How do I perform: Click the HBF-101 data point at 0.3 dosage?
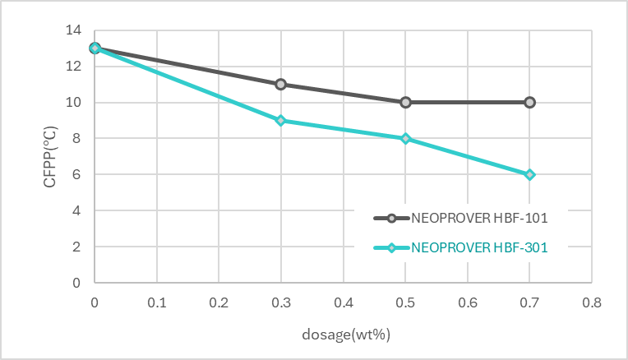pyautogui.click(x=281, y=84)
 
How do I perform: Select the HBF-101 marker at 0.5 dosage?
pyautogui.click(x=405, y=102)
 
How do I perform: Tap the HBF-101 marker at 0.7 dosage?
pyautogui.click(x=529, y=102)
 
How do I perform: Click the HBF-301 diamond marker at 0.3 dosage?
pyautogui.click(x=281, y=120)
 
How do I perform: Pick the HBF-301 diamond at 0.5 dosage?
pyautogui.click(x=405, y=139)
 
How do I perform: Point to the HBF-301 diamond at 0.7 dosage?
pyautogui.click(x=529, y=174)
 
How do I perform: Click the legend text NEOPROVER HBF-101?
pyautogui.click(x=479, y=218)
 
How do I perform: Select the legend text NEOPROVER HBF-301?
pyautogui.click(x=479, y=247)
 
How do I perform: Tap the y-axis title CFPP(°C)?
pyautogui.click(x=50, y=156)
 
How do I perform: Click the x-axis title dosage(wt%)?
pyautogui.click(x=346, y=334)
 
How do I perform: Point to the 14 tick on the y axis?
pyautogui.click(x=73, y=30)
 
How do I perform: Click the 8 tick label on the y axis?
pyautogui.click(x=76, y=138)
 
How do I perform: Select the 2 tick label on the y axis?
pyautogui.click(x=76, y=247)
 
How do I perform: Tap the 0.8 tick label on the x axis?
pyautogui.click(x=592, y=302)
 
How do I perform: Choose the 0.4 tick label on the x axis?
pyautogui.click(x=344, y=302)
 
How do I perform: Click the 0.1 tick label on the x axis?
pyautogui.click(x=157, y=302)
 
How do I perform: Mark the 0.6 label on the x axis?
pyautogui.click(x=468, y=302)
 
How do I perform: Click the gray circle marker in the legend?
pyautogui.click(x=391, y=219)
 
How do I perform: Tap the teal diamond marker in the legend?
pyautogui.click(x=391, y=248)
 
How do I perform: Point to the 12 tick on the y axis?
pyautogui.click(x=73, y=66)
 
